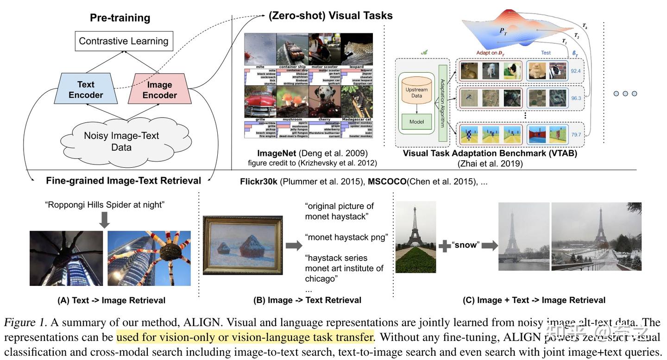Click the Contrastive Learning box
124,41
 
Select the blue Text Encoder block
86,89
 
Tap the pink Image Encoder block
160,89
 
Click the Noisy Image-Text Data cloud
121,141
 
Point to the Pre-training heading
120,18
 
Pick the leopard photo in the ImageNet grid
357,49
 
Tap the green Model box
416,122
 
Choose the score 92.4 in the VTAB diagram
576,71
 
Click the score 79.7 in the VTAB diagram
576,135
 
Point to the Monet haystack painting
243,245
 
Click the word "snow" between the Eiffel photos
466,245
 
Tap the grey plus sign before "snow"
445,246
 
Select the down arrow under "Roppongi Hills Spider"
105,220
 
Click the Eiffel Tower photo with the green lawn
415,237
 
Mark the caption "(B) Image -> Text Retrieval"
307,300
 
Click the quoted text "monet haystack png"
346,237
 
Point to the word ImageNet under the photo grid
277,153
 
